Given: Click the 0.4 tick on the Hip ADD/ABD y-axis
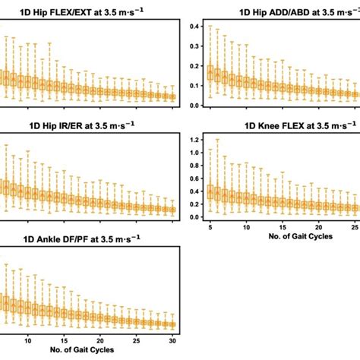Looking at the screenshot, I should pos(194,27).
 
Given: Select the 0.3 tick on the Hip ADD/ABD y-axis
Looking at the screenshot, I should pos(194,47).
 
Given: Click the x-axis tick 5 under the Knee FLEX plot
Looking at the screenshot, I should pos(209,227).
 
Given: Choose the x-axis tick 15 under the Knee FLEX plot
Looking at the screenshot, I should pos(283,227).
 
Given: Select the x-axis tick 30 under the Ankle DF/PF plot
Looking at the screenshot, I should pos(173,339).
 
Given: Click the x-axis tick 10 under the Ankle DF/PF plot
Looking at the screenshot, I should pos(28,339).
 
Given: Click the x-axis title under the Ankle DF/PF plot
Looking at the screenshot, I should pos(87,351).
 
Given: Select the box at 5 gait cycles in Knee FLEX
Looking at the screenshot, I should pos(210,191).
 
